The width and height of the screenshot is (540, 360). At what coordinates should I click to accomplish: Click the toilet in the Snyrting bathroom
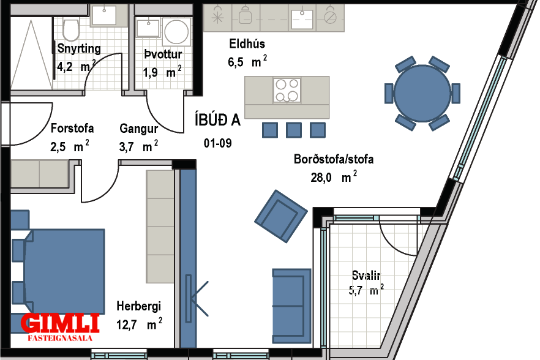[71, 30]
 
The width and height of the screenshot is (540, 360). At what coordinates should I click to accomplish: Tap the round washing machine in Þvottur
[176, 32]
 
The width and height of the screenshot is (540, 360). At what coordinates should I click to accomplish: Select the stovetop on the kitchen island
[287, 90]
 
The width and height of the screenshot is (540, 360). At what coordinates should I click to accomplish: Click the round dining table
[422, 93]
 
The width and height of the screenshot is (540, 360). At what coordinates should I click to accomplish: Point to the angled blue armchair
[280, 216]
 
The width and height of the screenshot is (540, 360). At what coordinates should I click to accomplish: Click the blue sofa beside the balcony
[291, 306]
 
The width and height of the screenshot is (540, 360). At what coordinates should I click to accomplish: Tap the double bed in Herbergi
[64, 271]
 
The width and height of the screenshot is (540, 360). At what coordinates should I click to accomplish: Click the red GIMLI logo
[60, 323]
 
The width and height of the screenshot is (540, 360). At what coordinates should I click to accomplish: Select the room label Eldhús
[247, 43]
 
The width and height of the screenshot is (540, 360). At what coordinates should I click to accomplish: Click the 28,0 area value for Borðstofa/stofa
[321, 178]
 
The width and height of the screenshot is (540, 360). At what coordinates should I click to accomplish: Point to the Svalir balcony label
[366, 276]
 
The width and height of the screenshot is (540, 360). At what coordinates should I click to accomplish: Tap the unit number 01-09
[218, 143]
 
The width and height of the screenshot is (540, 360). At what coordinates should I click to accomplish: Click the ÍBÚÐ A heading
[217, 120]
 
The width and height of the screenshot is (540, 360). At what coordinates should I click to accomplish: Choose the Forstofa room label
[72, 128]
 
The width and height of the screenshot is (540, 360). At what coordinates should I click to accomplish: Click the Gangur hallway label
[139, 129]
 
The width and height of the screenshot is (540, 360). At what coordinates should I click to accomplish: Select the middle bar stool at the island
[294, 130]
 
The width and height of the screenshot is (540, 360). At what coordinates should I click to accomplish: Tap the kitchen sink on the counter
[302, 19]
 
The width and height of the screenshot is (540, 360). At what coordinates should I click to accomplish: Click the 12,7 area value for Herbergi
[127, 325]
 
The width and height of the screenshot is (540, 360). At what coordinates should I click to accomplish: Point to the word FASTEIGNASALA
[60, 338]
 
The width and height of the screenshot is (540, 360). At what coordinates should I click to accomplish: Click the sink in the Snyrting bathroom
[104, 16]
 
